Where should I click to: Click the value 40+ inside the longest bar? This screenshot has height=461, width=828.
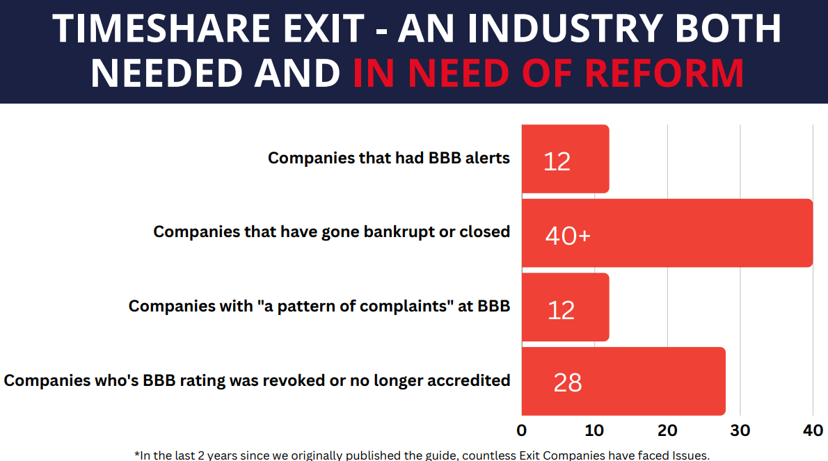tap(568, 236)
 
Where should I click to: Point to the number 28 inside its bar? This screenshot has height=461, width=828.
tap(568, 382)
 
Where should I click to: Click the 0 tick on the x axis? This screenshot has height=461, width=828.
tap(522, 430)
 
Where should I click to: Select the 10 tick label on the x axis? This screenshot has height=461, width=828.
tap(594, 430)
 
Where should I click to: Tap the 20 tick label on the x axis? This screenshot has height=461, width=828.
tap(667, 430)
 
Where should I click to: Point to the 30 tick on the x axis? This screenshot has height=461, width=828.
tap(740, 430)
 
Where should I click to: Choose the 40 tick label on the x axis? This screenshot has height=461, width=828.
tap(813, 430)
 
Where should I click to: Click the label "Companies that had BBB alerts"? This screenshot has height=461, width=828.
tap(388, 158)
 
